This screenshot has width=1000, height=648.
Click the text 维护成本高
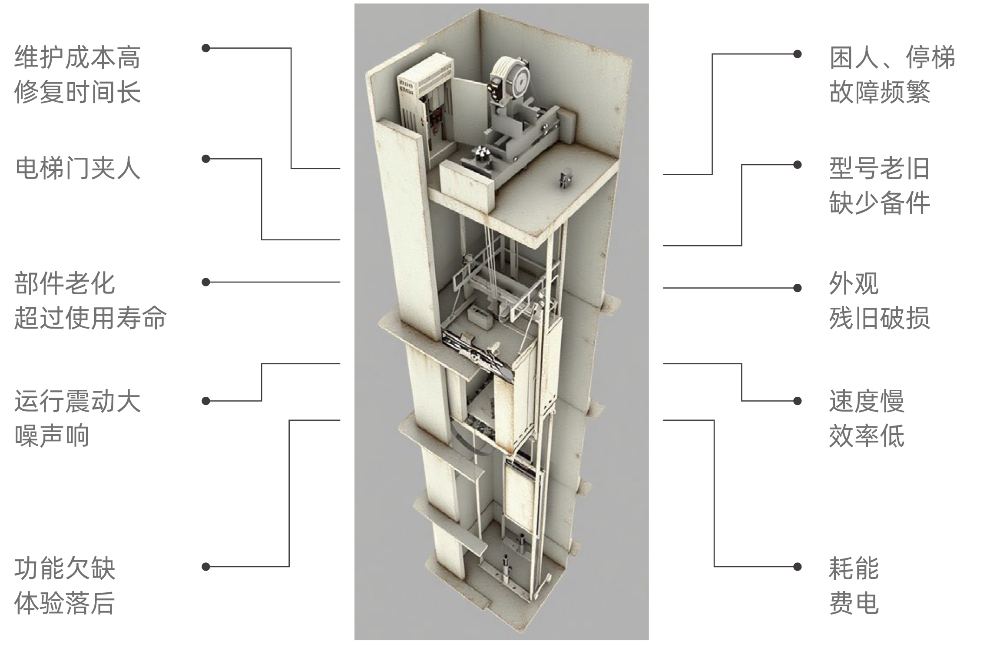(x=77, y=57)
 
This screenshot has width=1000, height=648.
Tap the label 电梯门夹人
(x=77, y=168)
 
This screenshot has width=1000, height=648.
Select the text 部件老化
(x=65, y=283)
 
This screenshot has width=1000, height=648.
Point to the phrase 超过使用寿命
(x=90, y=318)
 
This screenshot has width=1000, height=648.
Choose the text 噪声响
(x=52, y=435)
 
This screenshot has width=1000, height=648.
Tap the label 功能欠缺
(x=65, y=568)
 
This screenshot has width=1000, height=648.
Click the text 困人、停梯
(x=892, y=57)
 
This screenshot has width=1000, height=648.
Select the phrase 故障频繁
(x=880, y=92)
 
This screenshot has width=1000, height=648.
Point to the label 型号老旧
(x=880, y=168)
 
